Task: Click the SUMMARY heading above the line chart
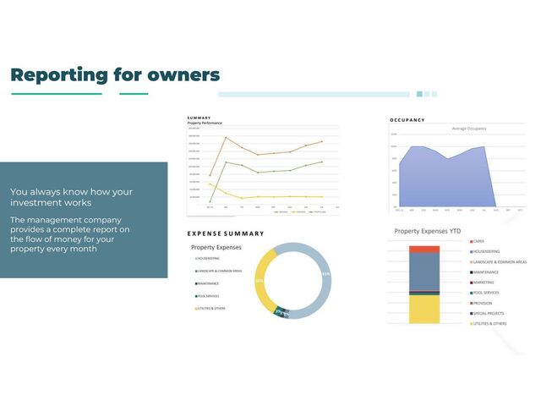pyautogui.click(x=199, y=118)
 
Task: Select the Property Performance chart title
pyautogui.click(x=205, y=123)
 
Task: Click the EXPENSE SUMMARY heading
pyautogui.click(x=226, y=233)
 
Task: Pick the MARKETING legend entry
pyautogui.click(x=487, y=283)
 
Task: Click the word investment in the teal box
pyautogui.click(x=33, y=203)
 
